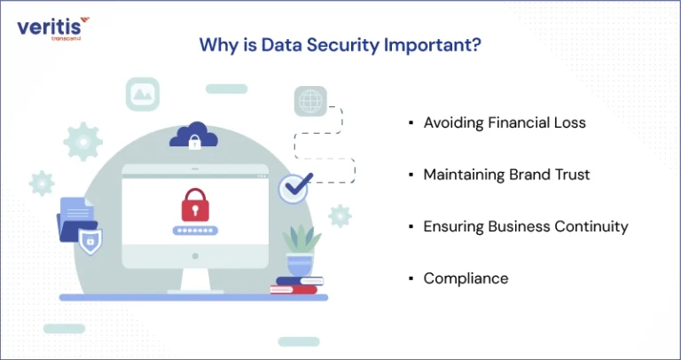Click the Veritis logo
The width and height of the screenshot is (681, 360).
(x=53, y=28)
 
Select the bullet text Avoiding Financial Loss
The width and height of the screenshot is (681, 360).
(x=505, y=122)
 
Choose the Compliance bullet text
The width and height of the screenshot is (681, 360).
(x=466, y=278)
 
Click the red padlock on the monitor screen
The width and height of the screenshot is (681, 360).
(x=195, y=205)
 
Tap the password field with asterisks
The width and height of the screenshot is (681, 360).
(x=195, y=231)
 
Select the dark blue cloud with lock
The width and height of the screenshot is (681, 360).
(x=193, y=136)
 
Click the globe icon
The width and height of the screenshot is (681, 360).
(x=310, y=101)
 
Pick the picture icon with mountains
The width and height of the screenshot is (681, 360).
(x=143, y=94)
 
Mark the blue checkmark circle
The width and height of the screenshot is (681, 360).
(x=294, y=188)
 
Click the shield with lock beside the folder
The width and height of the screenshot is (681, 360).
(x=90, y=241)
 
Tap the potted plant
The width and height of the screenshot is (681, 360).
(x=301, y=251)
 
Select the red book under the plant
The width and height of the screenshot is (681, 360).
(x=294, y=290)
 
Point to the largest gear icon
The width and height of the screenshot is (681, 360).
(x=83, y=142)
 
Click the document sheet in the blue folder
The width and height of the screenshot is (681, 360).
(x=76, y=210)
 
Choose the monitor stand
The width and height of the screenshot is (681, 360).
(x=195, y=281)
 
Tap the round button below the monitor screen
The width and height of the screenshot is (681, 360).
(x=195, y=256)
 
